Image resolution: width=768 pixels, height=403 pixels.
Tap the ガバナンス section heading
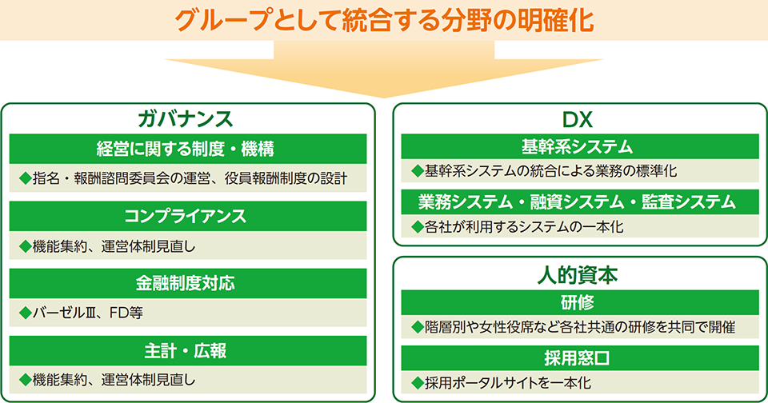click(x=186, y=119)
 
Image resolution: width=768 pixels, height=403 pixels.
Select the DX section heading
click(x=578, y=119)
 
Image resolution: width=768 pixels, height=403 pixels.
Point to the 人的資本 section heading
click(x=578, y=275)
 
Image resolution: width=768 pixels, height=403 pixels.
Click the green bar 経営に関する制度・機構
click(x=188, y=149)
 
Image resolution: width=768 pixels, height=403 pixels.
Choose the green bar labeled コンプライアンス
click(x=188, y=216)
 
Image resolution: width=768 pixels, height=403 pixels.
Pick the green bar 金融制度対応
click(x=188, y=283)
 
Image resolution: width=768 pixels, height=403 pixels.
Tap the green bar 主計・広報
click(x=188, y=350)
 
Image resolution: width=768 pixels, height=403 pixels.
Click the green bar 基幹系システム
click(x=580, y=146)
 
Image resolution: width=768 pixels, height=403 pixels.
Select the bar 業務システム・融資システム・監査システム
click(x=580, y=201)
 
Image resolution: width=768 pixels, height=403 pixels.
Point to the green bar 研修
click(x=580, y=302)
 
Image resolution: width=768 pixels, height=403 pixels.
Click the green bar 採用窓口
click(x=580, y=358)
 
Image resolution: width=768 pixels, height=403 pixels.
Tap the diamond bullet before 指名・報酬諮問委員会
click(x=25, y=178)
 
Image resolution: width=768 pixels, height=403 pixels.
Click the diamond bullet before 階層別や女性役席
click(x=418, y=327)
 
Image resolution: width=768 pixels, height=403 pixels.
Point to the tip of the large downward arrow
click(x=384, y=98)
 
